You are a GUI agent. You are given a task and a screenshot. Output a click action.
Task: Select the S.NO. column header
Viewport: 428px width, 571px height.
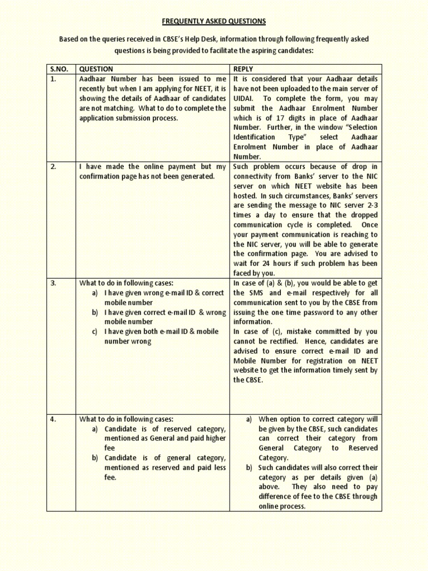[59, 69]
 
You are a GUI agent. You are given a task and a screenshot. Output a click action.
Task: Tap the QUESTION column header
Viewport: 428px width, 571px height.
[96, 69]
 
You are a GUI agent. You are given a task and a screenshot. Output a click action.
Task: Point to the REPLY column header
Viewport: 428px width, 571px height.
[243, 69]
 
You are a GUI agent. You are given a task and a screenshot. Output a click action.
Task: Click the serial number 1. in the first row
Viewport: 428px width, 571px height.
[53, 79]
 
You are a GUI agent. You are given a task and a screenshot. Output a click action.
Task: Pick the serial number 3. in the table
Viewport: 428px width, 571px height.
[53, 283]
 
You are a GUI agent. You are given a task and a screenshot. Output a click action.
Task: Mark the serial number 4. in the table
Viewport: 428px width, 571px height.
[53, 419]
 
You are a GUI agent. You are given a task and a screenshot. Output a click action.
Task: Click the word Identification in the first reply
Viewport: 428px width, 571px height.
[254, 137]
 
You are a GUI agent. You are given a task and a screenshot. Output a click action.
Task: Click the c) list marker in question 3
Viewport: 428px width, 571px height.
[95, 331]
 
